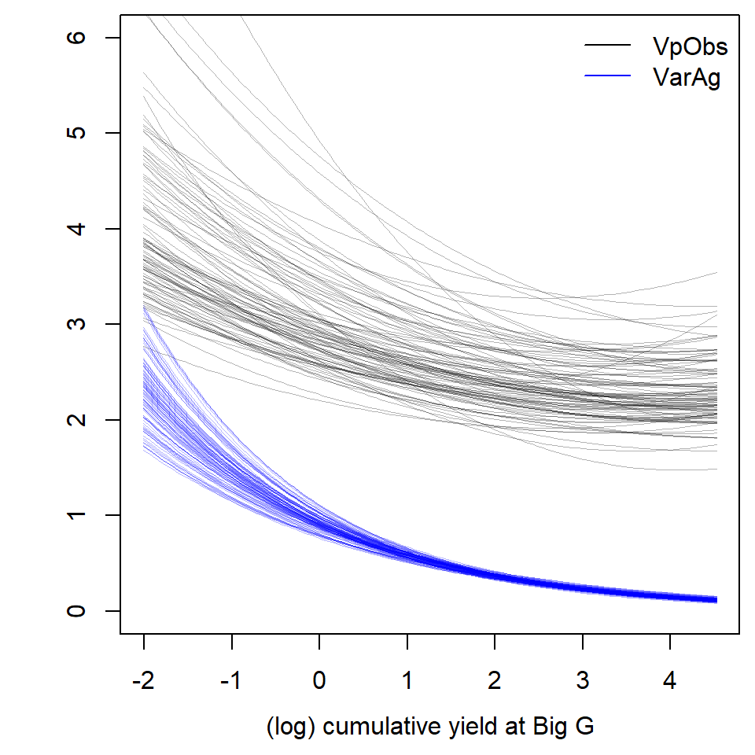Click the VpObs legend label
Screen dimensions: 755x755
690,46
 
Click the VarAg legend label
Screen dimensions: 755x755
686,77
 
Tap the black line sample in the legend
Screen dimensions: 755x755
607,46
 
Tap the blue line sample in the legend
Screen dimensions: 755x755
607,76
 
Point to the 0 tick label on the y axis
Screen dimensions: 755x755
77,611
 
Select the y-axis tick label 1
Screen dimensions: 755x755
77,515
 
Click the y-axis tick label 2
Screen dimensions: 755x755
77,420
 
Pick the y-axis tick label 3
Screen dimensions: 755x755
77,324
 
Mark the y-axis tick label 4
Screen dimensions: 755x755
77,229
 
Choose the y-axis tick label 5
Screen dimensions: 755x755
77,133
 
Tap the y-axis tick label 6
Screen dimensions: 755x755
77,38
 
